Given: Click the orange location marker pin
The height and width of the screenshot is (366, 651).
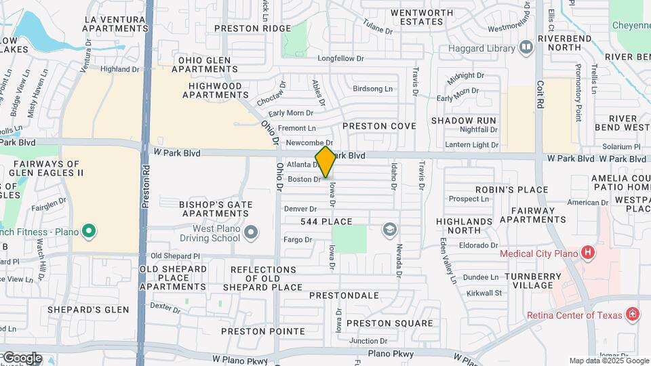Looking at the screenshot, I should coord(325,162).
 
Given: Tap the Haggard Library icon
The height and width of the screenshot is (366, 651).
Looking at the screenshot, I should coord(526,47).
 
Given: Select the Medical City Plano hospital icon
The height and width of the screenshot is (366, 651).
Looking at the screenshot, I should coord(588,253).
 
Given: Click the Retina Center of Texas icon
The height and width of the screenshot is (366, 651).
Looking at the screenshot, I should coord(632,314).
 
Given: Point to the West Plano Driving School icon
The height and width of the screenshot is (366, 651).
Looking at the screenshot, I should coord(252,233).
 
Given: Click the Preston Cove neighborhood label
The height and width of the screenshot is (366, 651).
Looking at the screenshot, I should coord(379,126).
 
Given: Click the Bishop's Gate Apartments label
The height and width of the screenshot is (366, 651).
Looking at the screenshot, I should coord(216,209).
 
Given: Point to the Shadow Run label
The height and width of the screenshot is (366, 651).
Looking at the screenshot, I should coord(464,120).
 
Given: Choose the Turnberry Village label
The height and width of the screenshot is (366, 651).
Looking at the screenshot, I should coord(533,281).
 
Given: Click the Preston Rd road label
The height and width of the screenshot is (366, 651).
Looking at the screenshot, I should coord(145,186).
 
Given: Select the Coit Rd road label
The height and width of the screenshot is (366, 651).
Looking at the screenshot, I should coord(540,96).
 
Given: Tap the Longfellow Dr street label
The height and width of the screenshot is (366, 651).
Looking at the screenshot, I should coord(341,58).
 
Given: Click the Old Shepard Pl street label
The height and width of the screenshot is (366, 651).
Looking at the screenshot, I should coord(175,256).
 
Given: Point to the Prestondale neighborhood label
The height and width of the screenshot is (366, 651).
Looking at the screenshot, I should coord(344,296).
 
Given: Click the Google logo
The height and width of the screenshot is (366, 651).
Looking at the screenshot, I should coord(22,357).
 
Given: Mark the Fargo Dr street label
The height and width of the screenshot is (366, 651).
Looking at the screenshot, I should coord(298,239).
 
